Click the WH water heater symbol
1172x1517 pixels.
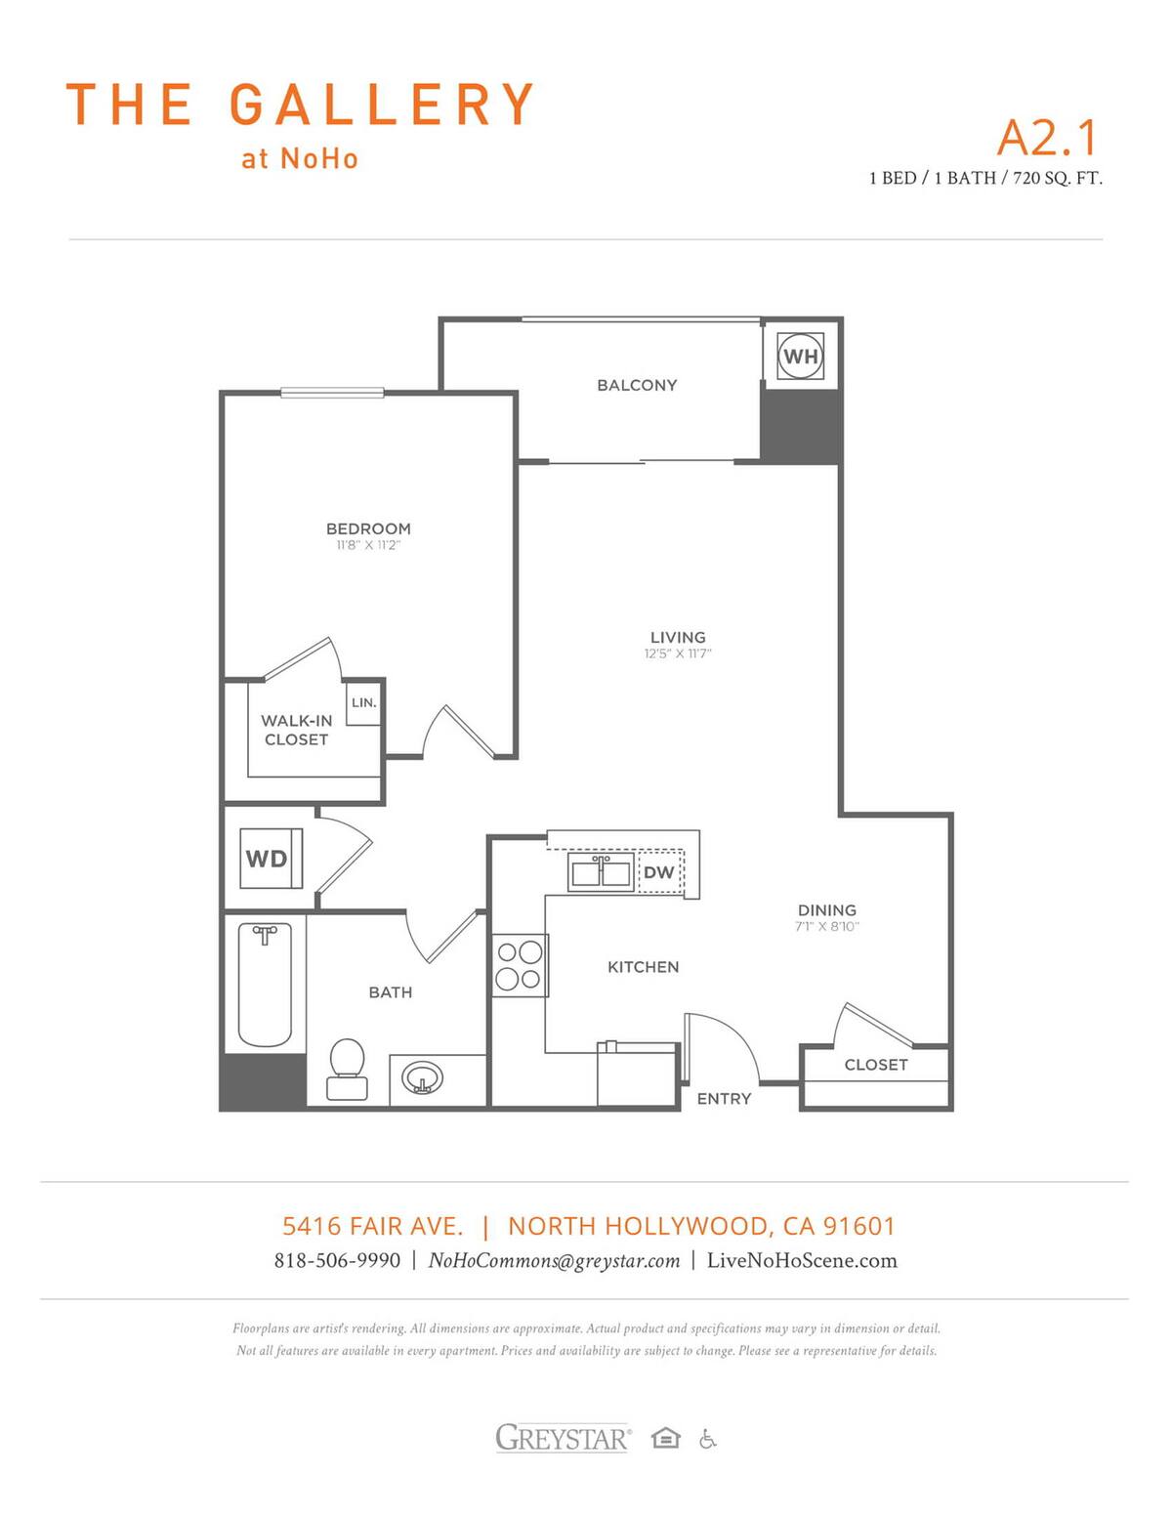point(800,357)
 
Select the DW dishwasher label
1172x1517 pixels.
point(659,872)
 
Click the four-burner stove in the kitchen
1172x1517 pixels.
point(519,965)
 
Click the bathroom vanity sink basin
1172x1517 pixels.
point(423,1079)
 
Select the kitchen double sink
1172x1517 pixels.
point(601,871)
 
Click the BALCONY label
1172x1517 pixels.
point(637,385)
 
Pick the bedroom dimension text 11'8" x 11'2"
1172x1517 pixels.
point(368,545)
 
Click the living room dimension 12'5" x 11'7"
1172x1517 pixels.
point(678,653)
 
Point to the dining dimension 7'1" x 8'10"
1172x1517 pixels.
point(826,926)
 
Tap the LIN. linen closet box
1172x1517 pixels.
point(363,703)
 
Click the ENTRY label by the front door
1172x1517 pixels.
point(724,1099)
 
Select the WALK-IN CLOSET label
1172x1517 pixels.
point(297,730)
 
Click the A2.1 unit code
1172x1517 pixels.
point(1047,137)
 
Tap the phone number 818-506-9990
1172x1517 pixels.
point(337,1260)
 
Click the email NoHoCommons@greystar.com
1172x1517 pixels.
point(554,1260)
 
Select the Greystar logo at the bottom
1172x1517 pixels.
point(564,1438)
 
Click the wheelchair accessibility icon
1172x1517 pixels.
point(708,1439)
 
